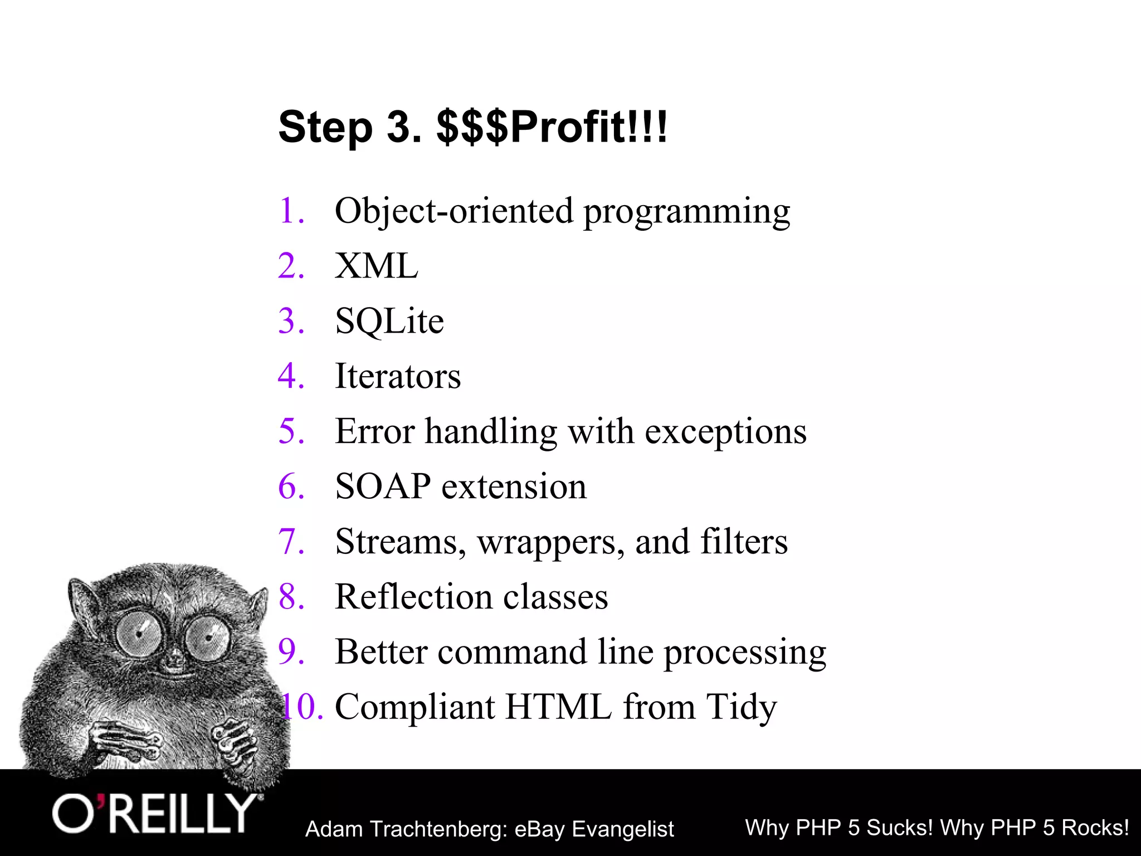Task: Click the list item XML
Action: point(376,266)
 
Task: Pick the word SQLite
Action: point(389,322)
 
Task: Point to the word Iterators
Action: point(398,376)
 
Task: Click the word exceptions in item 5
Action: point(725,432)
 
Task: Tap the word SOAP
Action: point(383,486)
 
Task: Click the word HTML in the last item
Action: point(558,707)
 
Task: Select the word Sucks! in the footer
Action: point(900,828)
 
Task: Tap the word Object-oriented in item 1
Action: point(454,211)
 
